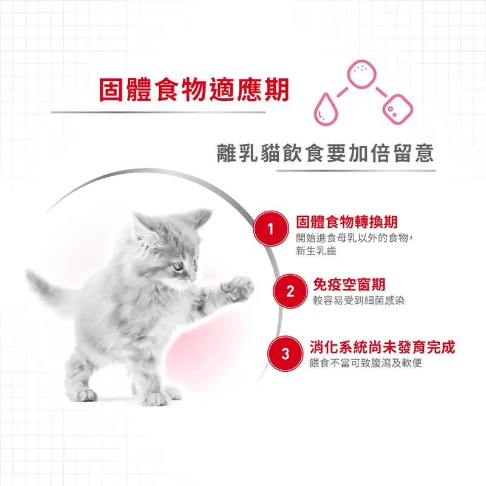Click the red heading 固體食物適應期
click(194, 89)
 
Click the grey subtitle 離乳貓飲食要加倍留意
click(326, 152)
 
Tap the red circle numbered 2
click(290, 292)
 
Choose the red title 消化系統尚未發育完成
click(382, 347)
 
